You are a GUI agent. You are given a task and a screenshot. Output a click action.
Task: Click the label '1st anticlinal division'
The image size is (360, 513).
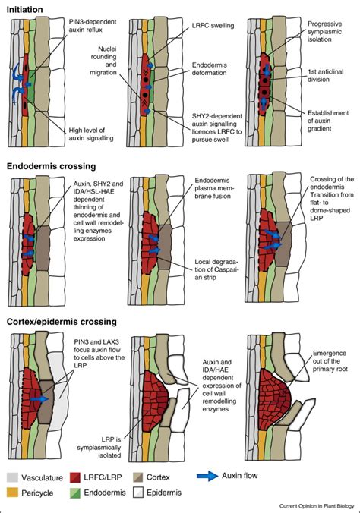[x=326, y=74]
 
